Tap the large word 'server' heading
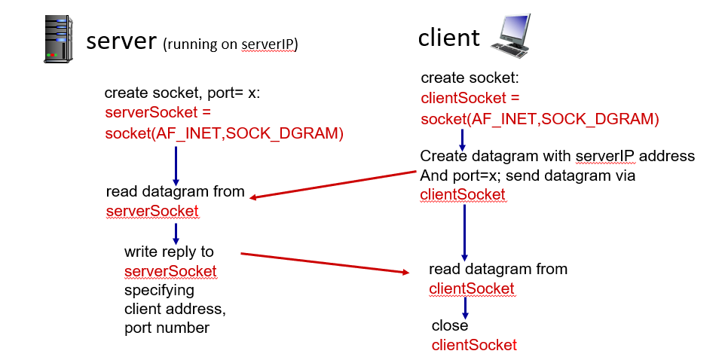click(121, 41)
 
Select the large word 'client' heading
click(448, 38)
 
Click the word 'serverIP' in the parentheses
click(268, 45)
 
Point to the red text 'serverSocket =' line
click(158, 113)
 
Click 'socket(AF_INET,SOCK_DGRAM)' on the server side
click(224, 134)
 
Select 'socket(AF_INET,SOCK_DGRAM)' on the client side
click(540, 119)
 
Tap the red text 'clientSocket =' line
click(470, 98)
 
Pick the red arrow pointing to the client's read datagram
click(324, 263)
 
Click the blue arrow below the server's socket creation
click(176, 164)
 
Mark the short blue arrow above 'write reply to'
click(175, 231)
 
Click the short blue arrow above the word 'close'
click(465, 307)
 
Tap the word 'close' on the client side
click(450, 325)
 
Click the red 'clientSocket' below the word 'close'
click(474, 345)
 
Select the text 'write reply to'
click(169, 252)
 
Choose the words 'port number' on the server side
click(167, 328)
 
